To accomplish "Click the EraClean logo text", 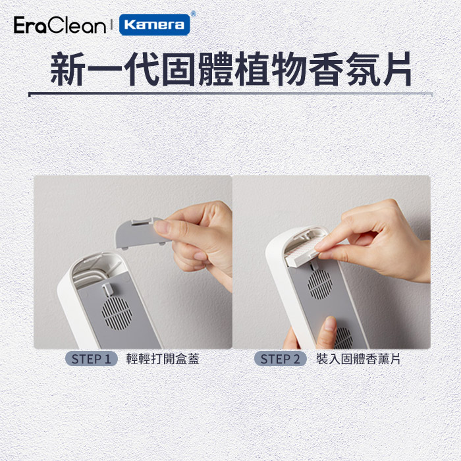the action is (x=60, y=25).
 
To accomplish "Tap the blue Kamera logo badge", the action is (x=154, y=25).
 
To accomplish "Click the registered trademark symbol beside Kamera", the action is (x=193, y=14).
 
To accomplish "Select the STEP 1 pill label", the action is (x=92, y=359).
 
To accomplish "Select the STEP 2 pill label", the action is (x=280, y=359).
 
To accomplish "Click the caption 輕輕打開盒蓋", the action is (x=163, y=359).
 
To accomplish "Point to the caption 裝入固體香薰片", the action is (x=358, y=359).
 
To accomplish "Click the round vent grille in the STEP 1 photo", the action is (x=117, y=313).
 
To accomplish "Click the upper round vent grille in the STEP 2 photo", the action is (x=320, y=284).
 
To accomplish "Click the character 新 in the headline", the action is (x=68, y=70).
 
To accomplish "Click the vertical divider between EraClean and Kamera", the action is (x=112, y=25).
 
